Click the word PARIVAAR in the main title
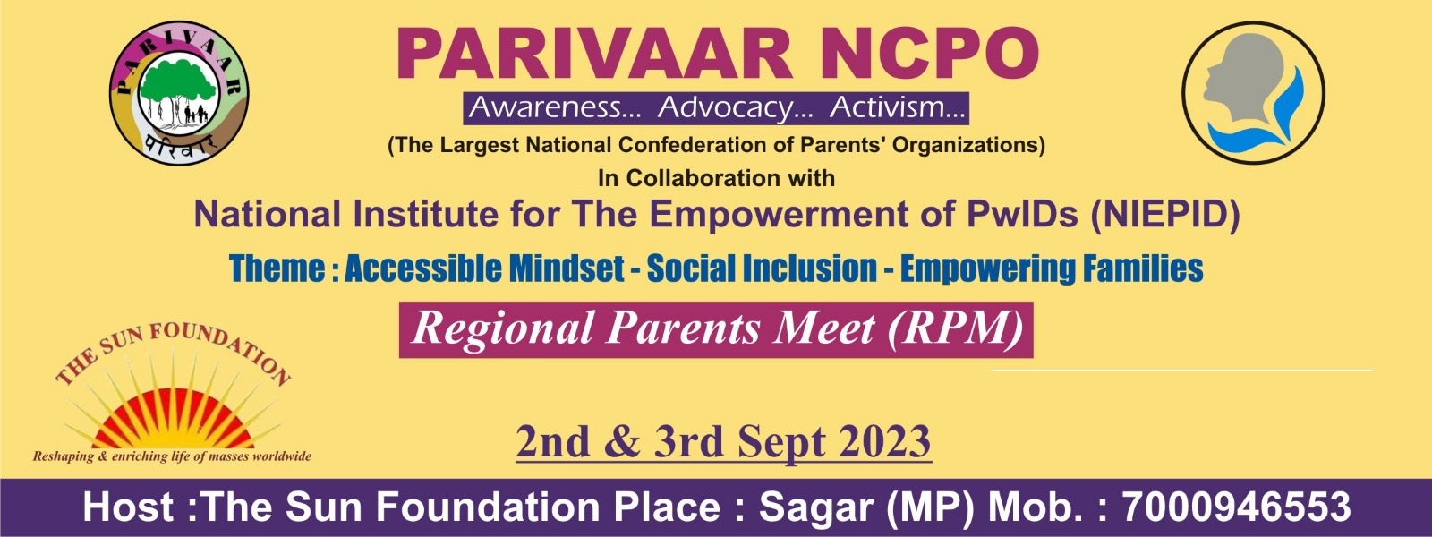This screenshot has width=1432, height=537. (594, 54)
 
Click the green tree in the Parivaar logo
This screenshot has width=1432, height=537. (178, 89)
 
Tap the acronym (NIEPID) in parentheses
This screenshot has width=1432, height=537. (1164, 215)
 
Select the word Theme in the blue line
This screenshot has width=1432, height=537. (277, 268)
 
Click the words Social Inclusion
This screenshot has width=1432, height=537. (762, 268)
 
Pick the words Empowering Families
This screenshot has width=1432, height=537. (1052, 268)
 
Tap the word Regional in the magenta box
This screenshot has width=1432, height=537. (503, 330)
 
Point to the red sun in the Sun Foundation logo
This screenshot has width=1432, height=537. (173, 422)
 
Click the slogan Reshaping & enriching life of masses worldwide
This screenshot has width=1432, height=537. (172, 456)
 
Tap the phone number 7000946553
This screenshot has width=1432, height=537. (1236, 507)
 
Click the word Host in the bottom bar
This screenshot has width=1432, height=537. (127, 507)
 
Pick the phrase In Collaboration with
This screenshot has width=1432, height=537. (716, 178)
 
